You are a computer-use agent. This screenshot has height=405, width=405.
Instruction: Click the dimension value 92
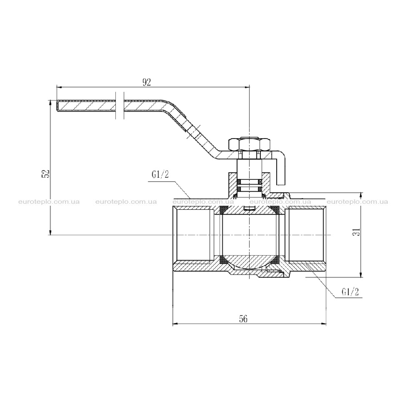[x=147, y=82]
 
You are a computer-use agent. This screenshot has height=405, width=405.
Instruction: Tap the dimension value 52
[x=45, y=174]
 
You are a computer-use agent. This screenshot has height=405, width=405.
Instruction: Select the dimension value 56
[x=243, y=319]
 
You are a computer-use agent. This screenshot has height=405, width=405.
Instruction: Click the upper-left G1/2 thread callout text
[x=160, y=175]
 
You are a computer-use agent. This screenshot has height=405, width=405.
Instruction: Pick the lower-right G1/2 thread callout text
[x=350, y=292]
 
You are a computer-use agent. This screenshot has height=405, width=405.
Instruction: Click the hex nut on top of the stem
[x=249, y=145]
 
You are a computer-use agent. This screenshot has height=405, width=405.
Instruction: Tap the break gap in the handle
[x=119, y=105]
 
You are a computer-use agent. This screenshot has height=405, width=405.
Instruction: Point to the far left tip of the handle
[x=57, y=106]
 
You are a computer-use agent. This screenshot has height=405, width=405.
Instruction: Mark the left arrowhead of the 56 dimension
[x=176, y=324]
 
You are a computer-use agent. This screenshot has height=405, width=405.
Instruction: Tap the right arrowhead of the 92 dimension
[x=247, y=87]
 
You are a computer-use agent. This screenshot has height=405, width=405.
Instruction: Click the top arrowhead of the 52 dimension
[x=50, y=104]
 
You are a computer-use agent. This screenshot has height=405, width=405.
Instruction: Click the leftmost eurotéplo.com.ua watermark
[x=49, y=202]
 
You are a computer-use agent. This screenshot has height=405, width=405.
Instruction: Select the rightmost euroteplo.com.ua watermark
[x=357, y=202]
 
